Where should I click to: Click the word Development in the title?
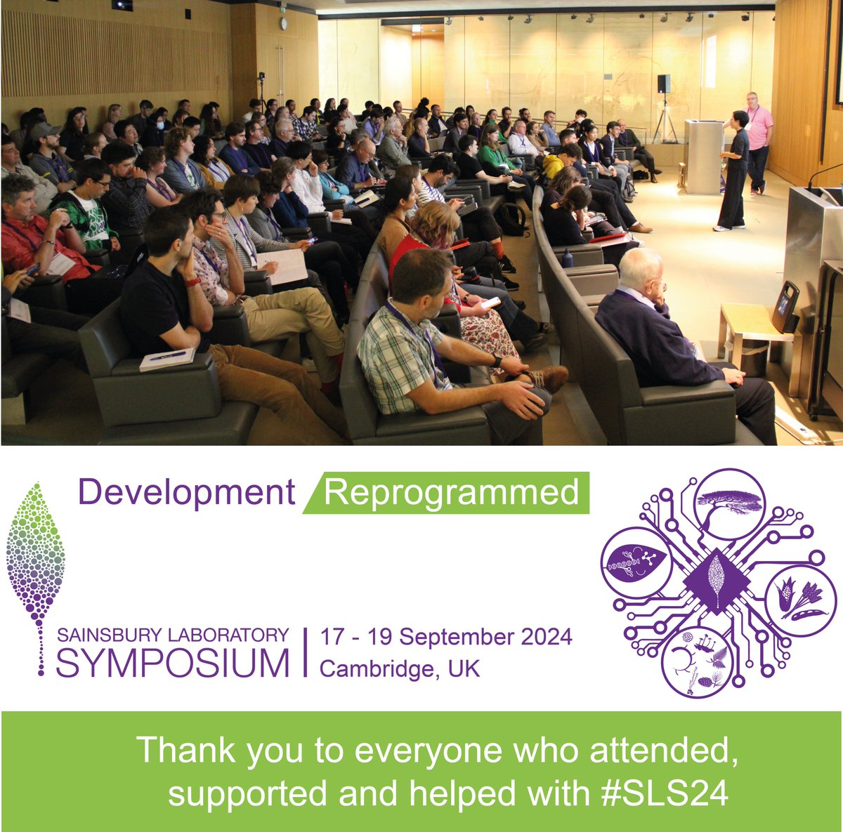click(x=186, y=493)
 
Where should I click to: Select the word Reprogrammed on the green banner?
click(x=452, y=493)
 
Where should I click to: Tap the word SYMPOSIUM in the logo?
click(x=172, y=663)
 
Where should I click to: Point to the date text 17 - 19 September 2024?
click(x=446, y=638)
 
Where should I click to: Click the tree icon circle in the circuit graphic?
click(x=729, y=503)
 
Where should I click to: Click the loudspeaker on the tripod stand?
click(x=664, y=84)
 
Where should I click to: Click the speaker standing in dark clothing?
click(x=734, y=169)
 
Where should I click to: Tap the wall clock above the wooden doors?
click(x=283, y=23)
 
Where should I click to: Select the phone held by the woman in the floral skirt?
click(x=490, y=303)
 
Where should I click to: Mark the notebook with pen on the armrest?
click(x=167, y=359)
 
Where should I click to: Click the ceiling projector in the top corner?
click(x=122, y=5)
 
